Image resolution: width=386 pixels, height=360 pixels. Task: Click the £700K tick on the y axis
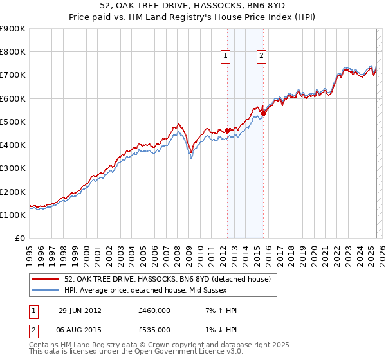point(13,75)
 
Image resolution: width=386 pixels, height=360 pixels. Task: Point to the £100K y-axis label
point(13,215)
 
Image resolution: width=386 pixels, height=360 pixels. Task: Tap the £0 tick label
point(19,239)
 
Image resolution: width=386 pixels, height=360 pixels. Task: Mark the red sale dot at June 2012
point(227,131)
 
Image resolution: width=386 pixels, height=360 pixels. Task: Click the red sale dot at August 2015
point(263,114)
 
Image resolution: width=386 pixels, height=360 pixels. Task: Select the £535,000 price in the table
point(154,330)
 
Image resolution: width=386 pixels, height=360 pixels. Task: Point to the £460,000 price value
point(154,310)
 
